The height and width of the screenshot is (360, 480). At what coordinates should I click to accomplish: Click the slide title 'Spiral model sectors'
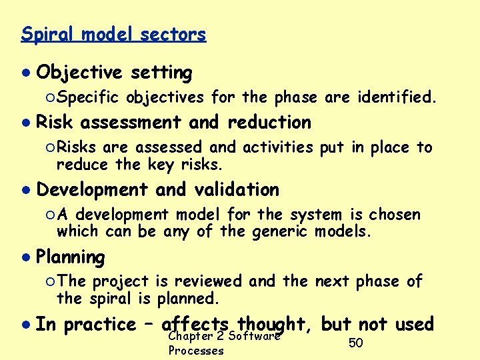tap(113, 34)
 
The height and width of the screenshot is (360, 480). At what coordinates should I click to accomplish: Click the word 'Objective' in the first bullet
tap(79, 72)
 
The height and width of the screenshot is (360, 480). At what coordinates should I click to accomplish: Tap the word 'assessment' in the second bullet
tap(130, 123)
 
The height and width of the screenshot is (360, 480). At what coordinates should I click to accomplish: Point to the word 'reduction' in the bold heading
tap(269, 123)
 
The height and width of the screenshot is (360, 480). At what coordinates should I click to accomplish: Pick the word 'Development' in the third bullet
tap(91, 190)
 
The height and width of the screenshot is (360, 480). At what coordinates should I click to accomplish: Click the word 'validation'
tap(237, 190)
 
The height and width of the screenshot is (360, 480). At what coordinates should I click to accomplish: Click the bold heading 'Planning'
tap(70, 257)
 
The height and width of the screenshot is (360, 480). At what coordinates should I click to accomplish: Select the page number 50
tap(356, 343)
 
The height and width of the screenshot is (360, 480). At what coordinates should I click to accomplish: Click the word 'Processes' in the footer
tap(196, 351)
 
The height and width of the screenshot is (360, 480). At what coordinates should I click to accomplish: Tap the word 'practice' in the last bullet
tap(99, 325)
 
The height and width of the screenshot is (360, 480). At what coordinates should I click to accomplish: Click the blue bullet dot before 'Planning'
tap(25, 257)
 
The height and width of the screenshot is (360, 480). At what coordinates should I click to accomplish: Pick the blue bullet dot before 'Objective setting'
tap(25, 72)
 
